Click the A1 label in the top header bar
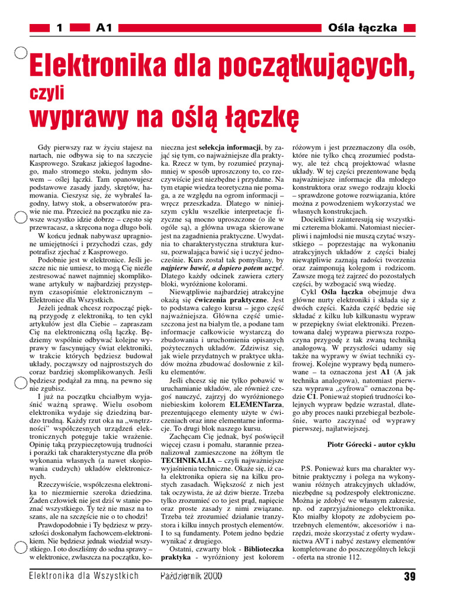103,28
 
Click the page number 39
410,577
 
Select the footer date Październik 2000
191,577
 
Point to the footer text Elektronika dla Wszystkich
84,576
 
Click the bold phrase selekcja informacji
230,146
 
